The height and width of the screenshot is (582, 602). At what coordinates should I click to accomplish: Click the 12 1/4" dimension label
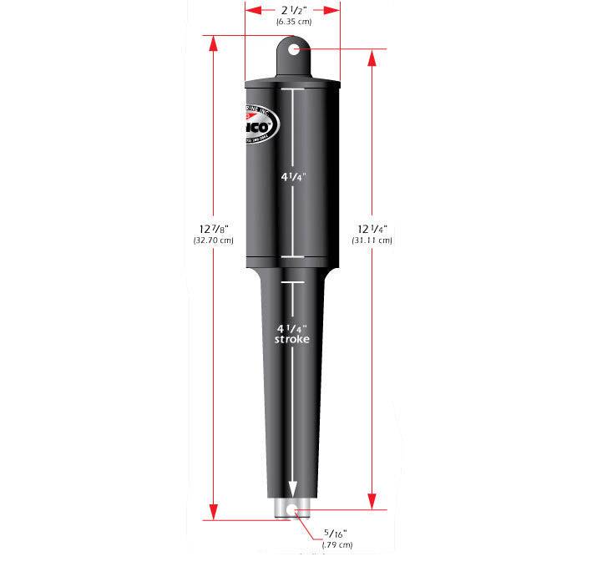click(372, 228)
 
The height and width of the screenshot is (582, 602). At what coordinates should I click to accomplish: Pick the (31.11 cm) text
click(372, 240)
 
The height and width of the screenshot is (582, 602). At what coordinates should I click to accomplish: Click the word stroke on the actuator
click(293, 341)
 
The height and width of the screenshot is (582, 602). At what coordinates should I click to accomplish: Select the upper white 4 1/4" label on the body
click(293, 176)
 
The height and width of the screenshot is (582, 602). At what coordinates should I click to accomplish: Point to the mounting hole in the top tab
click(295, 51)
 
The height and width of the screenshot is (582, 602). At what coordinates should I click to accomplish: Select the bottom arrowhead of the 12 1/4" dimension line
click(371, 504)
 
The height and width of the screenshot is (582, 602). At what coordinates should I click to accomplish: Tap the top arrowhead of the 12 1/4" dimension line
click(371, 55)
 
